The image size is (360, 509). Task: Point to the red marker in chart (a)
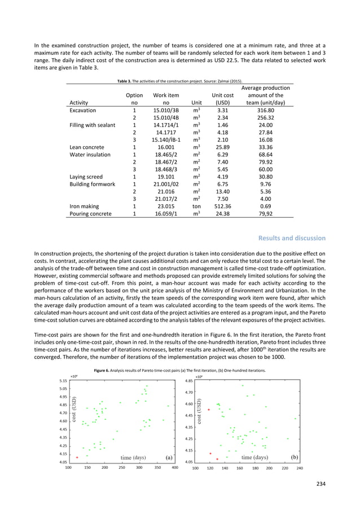(77, 457)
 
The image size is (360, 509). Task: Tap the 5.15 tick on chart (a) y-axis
(63, 380)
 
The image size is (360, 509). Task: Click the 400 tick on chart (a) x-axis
(175, 468)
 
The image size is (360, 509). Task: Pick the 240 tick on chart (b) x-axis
(299, 468)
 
